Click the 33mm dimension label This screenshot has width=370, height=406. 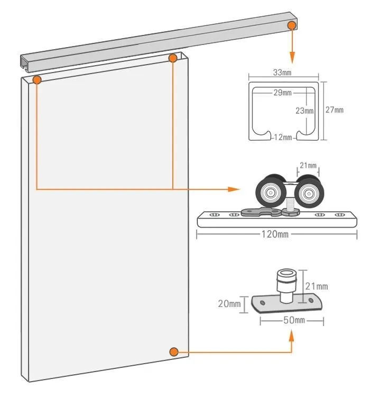(282, 73)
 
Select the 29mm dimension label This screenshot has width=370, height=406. (283, 93)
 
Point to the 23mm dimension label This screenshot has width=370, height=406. (304, 111)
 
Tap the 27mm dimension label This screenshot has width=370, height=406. (334, 110)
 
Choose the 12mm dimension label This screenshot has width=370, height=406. (283, 137)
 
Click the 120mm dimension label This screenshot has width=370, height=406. (275, 234)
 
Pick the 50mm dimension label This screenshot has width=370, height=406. (294, 320)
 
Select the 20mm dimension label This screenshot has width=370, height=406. (229, 303)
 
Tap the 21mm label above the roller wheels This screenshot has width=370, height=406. (308, 165)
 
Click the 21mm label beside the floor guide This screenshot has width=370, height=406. (317, 286)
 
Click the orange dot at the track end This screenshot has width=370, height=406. (292, 25)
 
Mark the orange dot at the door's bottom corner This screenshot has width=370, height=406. (174, 352)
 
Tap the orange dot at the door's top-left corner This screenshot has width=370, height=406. (37, 79)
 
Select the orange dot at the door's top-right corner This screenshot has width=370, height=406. (173, 58)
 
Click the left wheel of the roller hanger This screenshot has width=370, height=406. (271, 191)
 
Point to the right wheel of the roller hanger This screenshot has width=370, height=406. (309, 192)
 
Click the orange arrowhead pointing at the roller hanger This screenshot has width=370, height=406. (234, 190)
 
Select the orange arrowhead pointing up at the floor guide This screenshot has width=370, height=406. (291, 336)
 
